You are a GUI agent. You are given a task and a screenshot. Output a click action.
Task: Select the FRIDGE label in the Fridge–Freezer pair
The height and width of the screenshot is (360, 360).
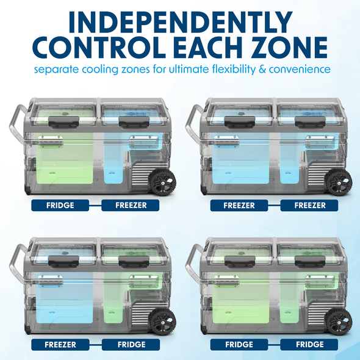click(x=59, y=206)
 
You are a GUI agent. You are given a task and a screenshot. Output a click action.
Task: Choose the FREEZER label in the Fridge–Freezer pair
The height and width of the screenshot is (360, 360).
click(x=131, y=206)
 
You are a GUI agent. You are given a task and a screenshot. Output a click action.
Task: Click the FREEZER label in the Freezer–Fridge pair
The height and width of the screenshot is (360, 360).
click(x=59, y=345)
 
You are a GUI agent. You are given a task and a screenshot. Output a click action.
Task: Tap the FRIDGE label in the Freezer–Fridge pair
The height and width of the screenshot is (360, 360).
click(x=131, y=345)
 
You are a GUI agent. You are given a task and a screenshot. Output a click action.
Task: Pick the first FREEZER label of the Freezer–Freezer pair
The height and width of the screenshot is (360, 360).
click(x=239, y=206)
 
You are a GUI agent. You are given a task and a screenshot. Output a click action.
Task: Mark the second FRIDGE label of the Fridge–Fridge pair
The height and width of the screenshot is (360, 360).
click(x=311, y=345)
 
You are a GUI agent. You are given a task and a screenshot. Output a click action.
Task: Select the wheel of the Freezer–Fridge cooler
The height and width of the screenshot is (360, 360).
click(x=163, y=320)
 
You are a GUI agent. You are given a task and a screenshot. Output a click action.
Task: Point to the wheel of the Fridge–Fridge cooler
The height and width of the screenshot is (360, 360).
click(x=339, y=320)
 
